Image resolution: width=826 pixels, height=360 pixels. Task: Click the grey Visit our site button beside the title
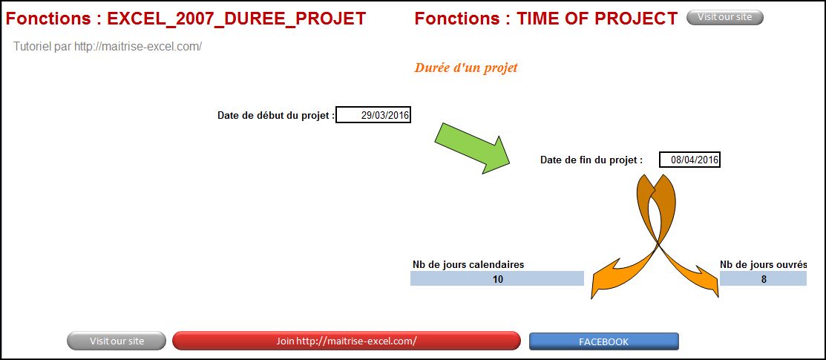click(x=725, y=17)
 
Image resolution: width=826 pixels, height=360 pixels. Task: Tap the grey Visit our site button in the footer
click(x=117, y=341)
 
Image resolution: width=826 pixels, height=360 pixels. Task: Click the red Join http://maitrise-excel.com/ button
click(x=346, y=341)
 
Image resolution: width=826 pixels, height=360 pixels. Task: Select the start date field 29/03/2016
click(x=373, y=115)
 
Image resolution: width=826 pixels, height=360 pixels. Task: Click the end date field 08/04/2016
click(x=689, y=160)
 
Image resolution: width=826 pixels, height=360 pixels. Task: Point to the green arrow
click(x=473, y=148)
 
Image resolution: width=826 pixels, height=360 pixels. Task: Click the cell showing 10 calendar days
click(x=497, y=279)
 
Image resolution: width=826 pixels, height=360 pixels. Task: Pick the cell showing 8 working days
click(x=764, y=279)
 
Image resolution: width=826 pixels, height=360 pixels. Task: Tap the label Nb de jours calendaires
click(x=468, y=264)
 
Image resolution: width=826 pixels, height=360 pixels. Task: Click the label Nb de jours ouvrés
click(x=764, y=264)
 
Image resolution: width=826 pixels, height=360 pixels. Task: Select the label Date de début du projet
click(x=276, y=116)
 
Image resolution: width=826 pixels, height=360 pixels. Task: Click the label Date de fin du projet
click(x=591, y=160)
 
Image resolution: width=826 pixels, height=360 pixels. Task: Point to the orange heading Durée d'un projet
click(x=465, y=68)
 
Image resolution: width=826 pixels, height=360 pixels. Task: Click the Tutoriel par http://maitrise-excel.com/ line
click(x=108, y=46)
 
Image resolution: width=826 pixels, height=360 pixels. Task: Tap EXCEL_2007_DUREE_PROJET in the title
click(x=237, y=19)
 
